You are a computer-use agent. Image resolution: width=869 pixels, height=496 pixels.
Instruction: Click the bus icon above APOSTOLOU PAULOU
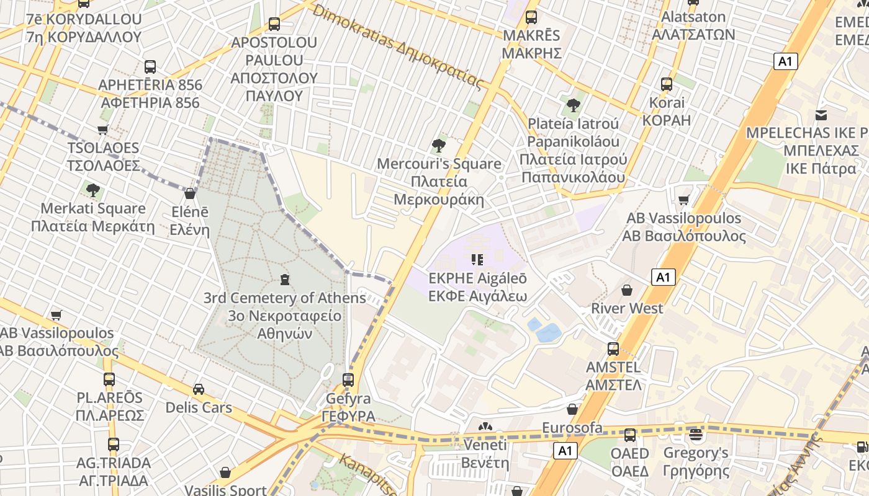point(274,24)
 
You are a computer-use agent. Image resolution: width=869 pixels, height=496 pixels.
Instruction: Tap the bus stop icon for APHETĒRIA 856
point(150,66)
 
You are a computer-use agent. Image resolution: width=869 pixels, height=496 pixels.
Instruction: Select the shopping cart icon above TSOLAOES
point(103,130)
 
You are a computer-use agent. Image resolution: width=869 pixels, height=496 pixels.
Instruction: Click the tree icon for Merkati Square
point(93,190)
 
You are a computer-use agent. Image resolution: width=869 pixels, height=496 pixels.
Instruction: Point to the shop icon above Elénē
point(190,193)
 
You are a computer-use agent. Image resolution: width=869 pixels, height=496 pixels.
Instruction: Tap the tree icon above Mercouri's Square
point(439,146)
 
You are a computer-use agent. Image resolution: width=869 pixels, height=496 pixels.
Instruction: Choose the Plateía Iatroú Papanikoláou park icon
point(573,105)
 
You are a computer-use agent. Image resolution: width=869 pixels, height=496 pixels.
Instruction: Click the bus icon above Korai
point(666,84)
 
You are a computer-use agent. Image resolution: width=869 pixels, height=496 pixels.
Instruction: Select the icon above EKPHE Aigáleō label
point(477,259)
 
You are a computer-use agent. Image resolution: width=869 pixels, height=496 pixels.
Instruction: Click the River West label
point(627,308)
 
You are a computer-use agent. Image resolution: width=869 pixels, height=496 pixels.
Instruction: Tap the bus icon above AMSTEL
point(613,349)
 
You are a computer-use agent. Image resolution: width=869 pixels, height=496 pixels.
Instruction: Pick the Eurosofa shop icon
point(572,409)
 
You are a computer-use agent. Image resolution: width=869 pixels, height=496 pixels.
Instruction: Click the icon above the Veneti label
point(485,427)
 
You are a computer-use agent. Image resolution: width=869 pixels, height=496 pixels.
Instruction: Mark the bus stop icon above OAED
point(630,435)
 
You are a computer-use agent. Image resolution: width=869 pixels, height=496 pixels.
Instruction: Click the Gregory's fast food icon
point(696,435)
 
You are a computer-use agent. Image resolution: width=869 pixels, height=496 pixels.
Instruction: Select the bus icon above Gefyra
point(348,379)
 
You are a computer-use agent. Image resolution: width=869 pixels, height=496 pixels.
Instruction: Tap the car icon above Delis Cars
point(199,389)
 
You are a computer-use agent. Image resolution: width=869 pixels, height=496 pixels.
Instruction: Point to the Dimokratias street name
point(397,46)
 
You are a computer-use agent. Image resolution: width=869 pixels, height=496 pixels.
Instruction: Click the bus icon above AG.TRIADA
point(113,444)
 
